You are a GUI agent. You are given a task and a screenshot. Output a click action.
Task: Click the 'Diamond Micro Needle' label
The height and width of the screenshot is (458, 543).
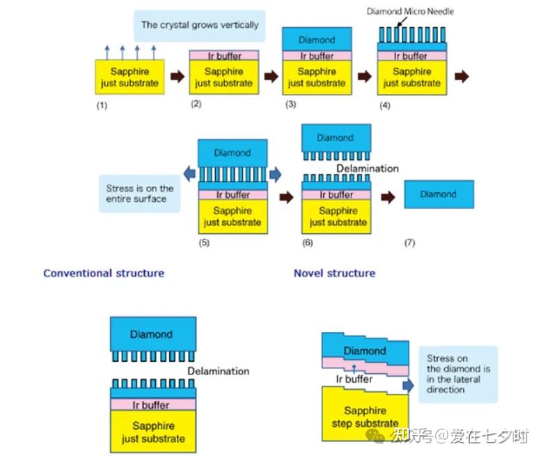(x=410, y=11)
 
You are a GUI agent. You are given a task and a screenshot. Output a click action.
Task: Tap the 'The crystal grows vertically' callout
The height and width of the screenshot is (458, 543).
(x=200, y=26)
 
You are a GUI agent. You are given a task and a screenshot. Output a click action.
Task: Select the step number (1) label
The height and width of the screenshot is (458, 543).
(x=102, y=105)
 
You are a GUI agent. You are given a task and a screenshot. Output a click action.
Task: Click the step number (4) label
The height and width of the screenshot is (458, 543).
(x=385, y=105)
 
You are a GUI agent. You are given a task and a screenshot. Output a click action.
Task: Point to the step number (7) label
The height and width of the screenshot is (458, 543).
(x=409, y=243)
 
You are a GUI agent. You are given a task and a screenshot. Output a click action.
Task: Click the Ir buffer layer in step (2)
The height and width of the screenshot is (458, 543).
(x=224, y=56)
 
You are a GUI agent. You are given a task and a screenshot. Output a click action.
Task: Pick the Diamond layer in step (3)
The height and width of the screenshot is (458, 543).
(x=317, y=40)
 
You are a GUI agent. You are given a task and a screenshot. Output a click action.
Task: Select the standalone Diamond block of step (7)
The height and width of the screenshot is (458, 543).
(x=439, y=194)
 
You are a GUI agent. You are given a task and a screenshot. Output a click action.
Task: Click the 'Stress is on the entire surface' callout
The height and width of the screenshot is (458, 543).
(x=139, y=194)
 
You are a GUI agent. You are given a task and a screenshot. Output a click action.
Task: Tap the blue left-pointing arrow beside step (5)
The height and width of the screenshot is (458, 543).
(x=189, y=174)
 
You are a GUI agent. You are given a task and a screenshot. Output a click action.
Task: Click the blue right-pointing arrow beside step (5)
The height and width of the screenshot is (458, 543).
(x=275, y=174)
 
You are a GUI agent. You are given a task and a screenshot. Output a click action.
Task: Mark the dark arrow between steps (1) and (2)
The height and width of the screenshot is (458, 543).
(x=178, y=76)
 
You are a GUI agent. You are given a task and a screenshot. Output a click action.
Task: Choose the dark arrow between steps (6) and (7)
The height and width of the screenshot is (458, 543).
(x=388, y=197)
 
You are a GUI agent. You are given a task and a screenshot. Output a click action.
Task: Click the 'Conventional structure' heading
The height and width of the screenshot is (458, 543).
(x=104, y=273)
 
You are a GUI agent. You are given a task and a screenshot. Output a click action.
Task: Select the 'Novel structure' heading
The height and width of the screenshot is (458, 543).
(x=335, y=273)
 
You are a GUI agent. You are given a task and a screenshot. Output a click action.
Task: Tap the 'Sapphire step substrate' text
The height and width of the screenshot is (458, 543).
(x=365, y=417)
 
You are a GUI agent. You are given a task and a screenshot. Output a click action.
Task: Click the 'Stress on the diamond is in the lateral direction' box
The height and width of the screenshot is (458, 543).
(x=458, y=374)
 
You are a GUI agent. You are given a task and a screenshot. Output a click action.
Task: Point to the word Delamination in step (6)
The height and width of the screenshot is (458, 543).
(x=368, y=168)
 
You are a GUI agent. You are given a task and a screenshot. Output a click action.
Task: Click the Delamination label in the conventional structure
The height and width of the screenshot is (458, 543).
(x=218, y=371)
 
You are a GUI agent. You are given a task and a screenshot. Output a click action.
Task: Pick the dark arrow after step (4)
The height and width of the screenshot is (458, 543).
(x=462, y=76)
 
